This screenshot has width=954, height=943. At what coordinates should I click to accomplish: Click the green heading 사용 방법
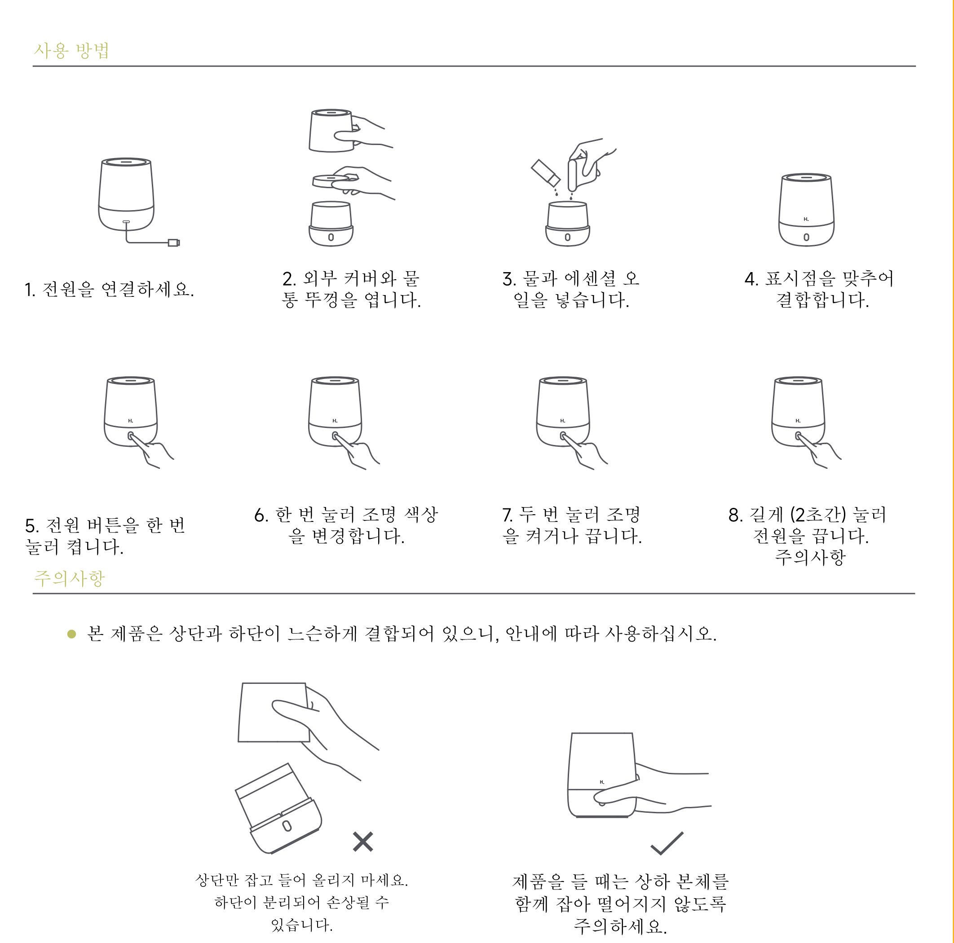[71, 50]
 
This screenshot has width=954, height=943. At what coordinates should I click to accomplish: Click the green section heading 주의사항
[69, 578]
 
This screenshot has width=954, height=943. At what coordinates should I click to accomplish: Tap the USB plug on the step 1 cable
[174, 242]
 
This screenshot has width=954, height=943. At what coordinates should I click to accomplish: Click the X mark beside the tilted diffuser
[363, 842]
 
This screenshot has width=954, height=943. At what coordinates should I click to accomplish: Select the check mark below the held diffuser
[667, 843]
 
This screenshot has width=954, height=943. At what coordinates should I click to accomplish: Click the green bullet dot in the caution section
[71, 634]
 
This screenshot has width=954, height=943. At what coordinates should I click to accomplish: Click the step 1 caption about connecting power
[109, 289]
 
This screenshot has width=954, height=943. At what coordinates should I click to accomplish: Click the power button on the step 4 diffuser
[806, 237]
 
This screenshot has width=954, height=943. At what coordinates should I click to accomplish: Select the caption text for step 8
[808, 536]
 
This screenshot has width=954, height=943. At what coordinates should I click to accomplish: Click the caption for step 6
[346, 525]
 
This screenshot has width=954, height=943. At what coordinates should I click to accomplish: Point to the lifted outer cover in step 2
[331, 130]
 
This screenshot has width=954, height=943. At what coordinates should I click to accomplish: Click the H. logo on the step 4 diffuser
[806, 219]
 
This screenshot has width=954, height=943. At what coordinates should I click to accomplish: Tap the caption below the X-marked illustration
[302, 902]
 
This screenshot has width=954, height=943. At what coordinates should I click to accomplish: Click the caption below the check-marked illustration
[620, 904]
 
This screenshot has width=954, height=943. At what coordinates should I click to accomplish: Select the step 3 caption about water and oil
[571, 289]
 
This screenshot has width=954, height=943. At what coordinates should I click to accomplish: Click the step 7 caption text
[572, 525]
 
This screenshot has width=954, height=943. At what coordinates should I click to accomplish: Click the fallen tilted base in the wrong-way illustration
[278, 810]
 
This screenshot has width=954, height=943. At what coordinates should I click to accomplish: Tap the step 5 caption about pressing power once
[105, 536]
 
